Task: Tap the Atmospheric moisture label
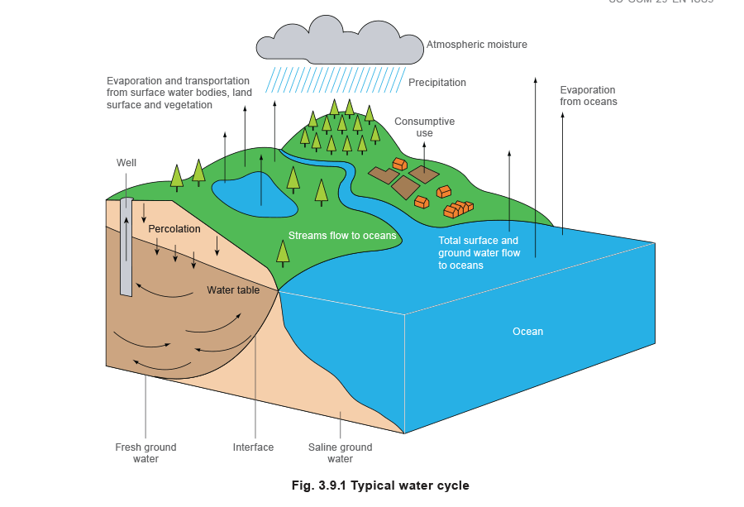point(477,44)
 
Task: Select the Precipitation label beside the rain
point(438,83)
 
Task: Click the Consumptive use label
point(424,127)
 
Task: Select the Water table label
point(233,290)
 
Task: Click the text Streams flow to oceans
point(342,236)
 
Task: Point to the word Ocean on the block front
point(527,332)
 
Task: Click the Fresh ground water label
point(146,452)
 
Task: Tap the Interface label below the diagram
point(252,447)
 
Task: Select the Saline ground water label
point(341,452)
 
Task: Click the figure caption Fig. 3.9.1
point(380,485)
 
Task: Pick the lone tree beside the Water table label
point(284,252)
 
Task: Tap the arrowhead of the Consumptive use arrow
point(424,143)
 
